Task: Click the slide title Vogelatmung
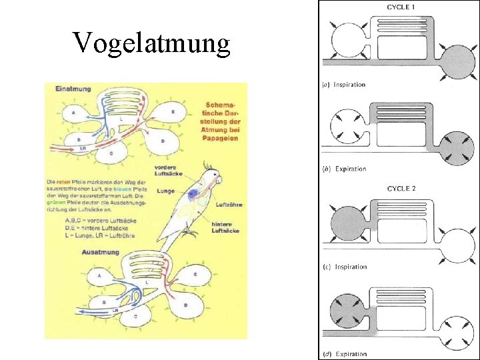151,44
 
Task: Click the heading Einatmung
73,88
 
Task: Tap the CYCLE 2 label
401,189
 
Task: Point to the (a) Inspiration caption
345,85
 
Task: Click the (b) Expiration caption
345,169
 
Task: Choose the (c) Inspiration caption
345,267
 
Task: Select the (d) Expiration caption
345,354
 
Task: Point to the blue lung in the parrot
195,195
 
